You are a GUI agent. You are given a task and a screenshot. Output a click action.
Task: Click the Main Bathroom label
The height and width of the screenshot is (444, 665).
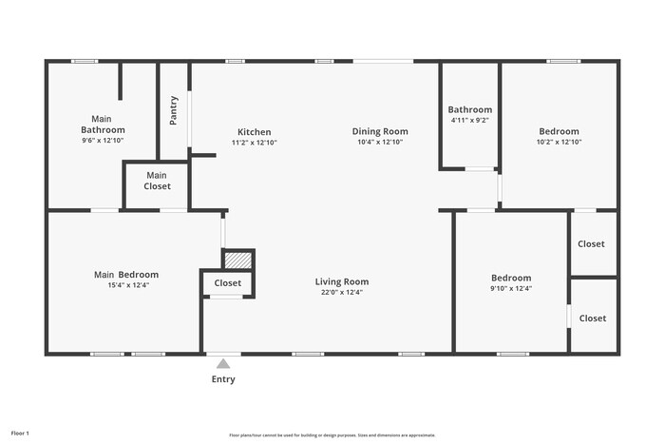click(103, 124)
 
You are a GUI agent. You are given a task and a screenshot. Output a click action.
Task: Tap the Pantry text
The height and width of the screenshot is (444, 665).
click(174, 110)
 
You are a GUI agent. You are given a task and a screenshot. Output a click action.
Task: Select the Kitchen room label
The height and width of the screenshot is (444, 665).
click(254, 132)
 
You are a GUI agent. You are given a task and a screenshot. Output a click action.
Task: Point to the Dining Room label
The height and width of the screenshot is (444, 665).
click(380, 131)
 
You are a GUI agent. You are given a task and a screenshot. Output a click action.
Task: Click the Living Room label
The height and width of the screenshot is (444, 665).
click(342, 281)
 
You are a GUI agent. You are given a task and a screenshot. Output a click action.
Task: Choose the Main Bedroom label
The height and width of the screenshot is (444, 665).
click(126, 275)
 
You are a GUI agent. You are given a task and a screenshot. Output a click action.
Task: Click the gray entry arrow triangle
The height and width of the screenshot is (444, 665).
click(223, 363)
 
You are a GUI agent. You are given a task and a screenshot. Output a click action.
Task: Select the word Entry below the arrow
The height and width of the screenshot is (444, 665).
click(223, 379)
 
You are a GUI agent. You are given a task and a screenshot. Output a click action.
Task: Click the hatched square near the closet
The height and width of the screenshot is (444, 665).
click(238, 259)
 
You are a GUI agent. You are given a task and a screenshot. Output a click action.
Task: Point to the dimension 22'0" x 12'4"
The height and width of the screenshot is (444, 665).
click(342, 293)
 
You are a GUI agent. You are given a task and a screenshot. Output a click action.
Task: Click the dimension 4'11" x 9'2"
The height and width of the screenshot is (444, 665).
click(469, 121)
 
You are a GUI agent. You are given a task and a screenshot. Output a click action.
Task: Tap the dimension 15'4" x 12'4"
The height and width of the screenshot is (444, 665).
click(126, 285)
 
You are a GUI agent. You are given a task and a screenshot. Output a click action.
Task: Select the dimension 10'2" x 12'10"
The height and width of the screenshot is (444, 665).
click(559, 142)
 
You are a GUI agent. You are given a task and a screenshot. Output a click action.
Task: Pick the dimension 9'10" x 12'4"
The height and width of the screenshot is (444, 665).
click(510, 288)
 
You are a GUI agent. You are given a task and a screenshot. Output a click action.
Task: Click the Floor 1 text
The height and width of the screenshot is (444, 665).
click(20, 434)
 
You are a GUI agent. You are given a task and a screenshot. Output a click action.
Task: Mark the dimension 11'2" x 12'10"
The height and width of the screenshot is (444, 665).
click(254, 143)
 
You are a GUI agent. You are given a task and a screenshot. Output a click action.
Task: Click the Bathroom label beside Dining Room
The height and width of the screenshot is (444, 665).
click(470, 109)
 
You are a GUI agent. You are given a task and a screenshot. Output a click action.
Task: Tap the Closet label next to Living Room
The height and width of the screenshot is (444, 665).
click(228, 283)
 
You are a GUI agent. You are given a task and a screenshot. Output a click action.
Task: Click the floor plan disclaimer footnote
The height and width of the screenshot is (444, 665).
click(332, 434)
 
